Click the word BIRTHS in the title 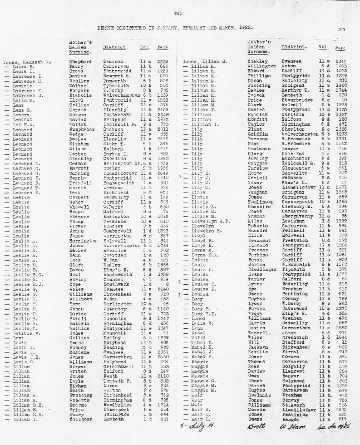pyautogui.click(x=121, y=24)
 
